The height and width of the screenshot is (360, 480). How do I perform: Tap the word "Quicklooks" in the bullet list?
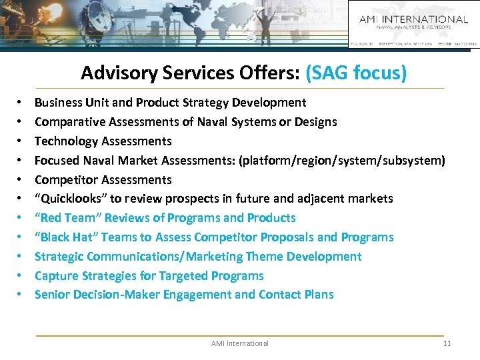[69, 199]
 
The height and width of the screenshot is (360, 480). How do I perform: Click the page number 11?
[447, 343]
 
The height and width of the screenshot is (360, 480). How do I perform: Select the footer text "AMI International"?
[240, 343]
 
